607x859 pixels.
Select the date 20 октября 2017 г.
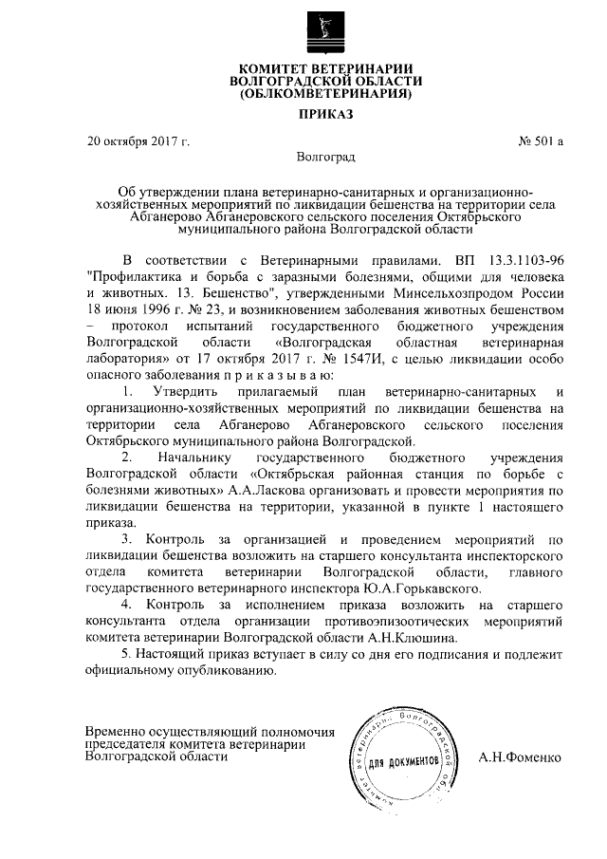(x=138, y=142)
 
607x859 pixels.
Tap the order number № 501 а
(x=541, y=142)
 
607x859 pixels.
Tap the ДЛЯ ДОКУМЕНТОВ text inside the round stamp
(x=403, y=761)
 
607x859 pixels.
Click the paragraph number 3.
(x=127, y=539)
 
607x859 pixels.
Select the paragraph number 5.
(x=127, y=654)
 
